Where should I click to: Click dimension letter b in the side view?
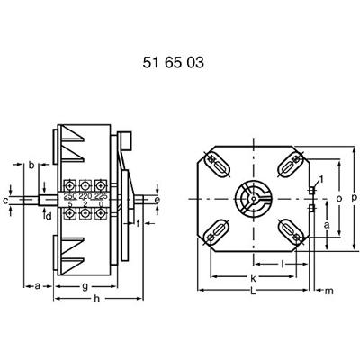(x=31, y=166)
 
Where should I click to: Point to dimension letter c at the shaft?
(x=7, y=200)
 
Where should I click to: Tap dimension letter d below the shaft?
(x=49, y=214)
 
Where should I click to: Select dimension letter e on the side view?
(x=158, y=199)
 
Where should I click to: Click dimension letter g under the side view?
(x=84, y=286)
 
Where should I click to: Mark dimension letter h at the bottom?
(x=97, y=299)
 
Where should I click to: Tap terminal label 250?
(x=69, y=195)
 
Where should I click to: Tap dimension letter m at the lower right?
(x=328, y=290)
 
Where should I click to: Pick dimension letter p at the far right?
(x=354, y=197)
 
